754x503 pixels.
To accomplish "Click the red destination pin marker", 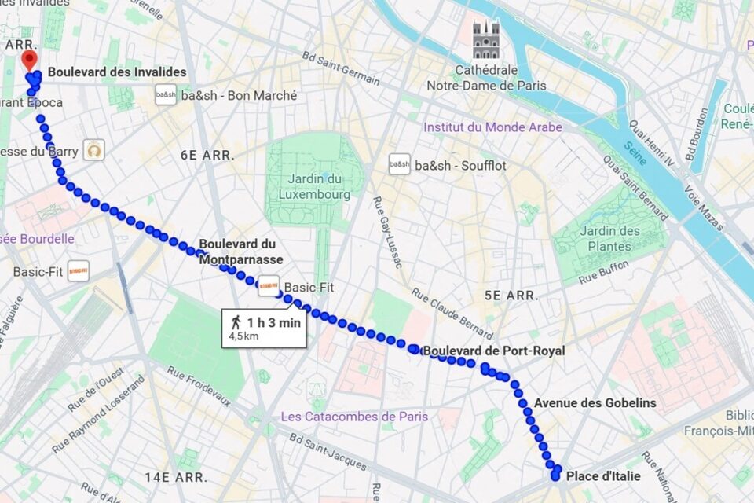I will (30, 61).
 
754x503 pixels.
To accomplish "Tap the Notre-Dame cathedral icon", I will (485, 40).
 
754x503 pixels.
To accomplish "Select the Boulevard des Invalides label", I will (117, 72).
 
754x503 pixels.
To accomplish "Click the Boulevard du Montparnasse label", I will (240, 251).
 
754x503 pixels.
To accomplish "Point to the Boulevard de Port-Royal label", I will (494, 351).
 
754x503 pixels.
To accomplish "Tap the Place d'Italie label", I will (603, 476).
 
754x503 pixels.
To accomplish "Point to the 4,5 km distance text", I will (243, 336).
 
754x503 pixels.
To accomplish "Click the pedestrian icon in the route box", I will (236, 322).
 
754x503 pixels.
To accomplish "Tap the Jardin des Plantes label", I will (609, 238).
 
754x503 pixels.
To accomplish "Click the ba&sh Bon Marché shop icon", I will (166, 95).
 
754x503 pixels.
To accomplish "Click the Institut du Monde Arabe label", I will (492, 127).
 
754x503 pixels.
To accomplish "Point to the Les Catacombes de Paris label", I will (354, 417).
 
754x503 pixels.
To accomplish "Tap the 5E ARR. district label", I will (511, 296).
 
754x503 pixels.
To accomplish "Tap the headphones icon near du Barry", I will (94, 149).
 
